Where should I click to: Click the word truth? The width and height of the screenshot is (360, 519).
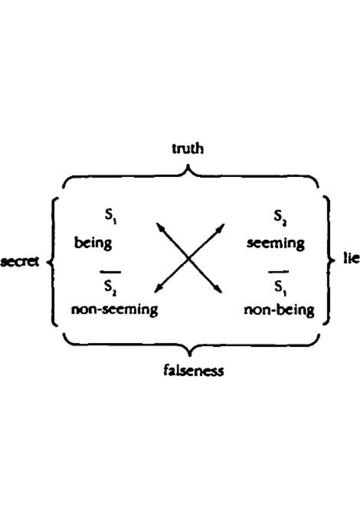point(188,148)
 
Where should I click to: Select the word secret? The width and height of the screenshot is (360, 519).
point(20,262)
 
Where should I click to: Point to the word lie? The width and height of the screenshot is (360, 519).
point(351,258)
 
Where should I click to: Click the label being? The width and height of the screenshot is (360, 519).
point(93,243)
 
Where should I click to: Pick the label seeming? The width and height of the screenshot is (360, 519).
point(276,243)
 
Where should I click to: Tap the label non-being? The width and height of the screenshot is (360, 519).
point(279,310)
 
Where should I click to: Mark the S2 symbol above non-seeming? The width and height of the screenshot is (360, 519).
point(110,286)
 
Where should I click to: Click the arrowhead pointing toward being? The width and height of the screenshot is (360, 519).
point(159,226)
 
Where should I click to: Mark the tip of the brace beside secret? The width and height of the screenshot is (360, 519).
point(49,262)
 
